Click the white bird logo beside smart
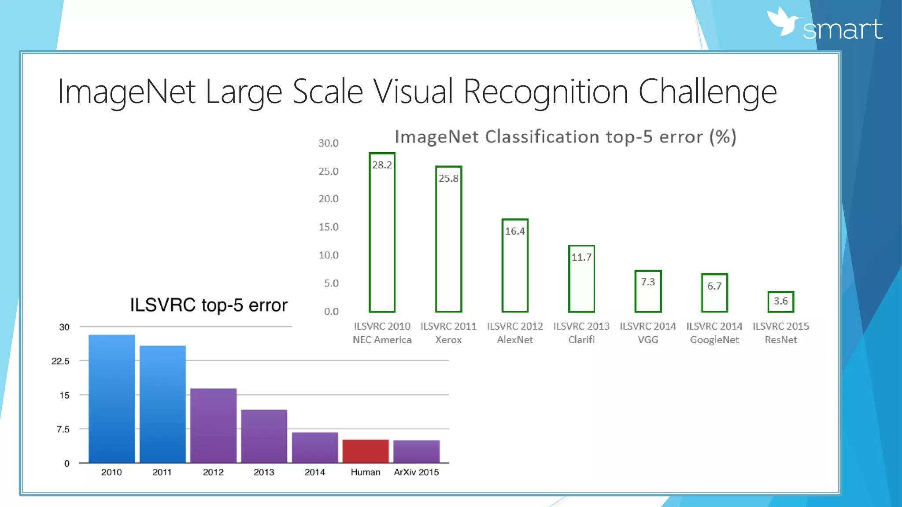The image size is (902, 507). tap(783, 22)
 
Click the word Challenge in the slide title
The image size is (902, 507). tap(707, 92)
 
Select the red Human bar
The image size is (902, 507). tap(366, 451)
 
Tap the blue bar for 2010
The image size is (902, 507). tap(111, 398)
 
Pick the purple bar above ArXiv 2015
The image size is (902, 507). tap(416, 451)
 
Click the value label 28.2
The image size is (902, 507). tap(382, 165)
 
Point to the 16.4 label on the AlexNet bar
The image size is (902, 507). tap(515, 231)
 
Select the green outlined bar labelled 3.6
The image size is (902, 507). tap(780, 302)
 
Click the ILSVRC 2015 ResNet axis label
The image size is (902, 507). tap(780, 333)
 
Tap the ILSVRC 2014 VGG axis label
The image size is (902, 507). tap(647, 333)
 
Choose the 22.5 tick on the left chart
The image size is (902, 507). tap(60, 361)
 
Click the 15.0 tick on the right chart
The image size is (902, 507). tap(329, 227)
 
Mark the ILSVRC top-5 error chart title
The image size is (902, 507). tap(208, 305)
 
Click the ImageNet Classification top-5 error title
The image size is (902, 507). tap(566, 137)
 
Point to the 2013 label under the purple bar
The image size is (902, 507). tap(264, 472)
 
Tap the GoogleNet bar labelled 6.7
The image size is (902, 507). tap(714, 293)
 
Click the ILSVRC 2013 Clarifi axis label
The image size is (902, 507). tap(581, 333)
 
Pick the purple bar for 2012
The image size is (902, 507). tap(213, 425)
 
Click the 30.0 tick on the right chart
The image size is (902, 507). tap(329, 143)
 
